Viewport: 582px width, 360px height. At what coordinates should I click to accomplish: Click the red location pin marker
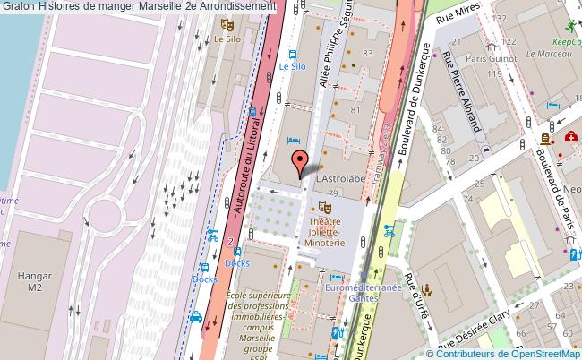point(299,162)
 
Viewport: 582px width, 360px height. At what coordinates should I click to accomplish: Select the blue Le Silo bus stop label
point(292,65)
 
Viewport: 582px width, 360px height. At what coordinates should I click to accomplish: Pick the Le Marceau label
point(542,53)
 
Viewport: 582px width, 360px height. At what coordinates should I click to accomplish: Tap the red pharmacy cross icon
point(570,137)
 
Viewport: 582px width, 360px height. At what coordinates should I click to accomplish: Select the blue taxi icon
point(194,316)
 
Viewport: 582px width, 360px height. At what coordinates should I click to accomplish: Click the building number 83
point(367,54)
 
